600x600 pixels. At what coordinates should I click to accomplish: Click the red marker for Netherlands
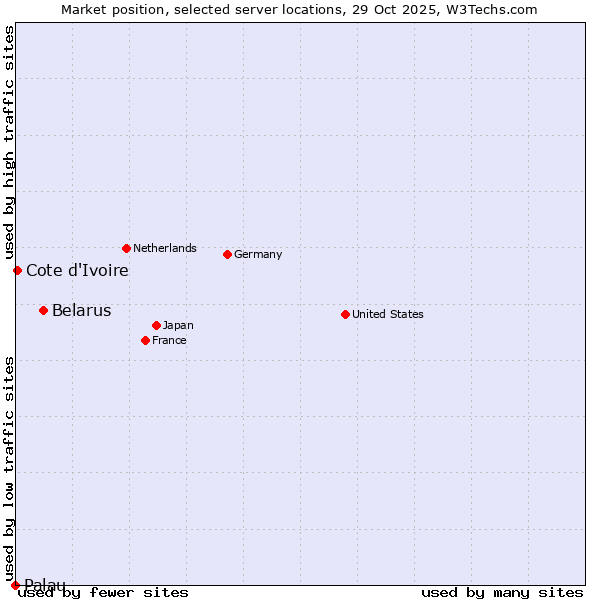click(x=126, y=248)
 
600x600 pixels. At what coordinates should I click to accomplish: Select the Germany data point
click(x=227, y=254)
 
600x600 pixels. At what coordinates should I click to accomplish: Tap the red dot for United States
click(x=345, y=314)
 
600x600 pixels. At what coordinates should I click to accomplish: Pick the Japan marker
click(x=156, y=325)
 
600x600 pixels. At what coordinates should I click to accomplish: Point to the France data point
click(x=145, y=340)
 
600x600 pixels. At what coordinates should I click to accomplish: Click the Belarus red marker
click(x=43, y=310)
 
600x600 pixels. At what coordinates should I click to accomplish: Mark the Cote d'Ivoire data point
click(x=17, y=270)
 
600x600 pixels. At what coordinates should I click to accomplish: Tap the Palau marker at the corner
click(x=15, y=585)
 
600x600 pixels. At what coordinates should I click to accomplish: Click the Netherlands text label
click(x=164, y=248)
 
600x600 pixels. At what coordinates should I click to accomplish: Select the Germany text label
click(x=258, y=254)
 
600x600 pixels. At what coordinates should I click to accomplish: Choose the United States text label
click(x=387, y=314)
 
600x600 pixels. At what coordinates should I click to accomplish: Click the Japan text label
click(x=178, y=325)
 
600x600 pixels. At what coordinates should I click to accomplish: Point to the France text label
click(x=169, y=340)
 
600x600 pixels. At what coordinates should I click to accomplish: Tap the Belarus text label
click(x=81, y=310)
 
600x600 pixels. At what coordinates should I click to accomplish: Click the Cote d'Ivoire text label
click(x=77, y=270)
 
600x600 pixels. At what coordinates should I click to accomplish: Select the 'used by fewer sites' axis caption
click(x=103, y=592)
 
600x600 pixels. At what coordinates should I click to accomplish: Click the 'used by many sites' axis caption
click(x=502, y=592)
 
